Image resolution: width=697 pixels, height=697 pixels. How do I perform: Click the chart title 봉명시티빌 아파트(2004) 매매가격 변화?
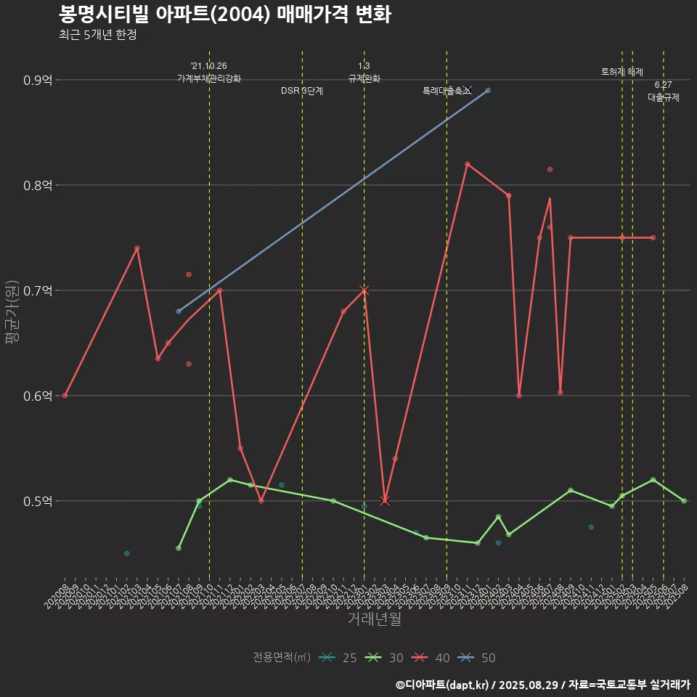pyautogui.click(x=225, y=15)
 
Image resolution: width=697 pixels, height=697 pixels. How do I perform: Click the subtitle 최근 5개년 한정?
pyautogui.click(x=97, y=35)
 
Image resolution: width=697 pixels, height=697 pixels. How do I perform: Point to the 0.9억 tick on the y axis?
pyautogui.click(x=38, y=80)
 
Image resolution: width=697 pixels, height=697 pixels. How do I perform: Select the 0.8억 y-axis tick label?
pyautogui.click(x=38, y=185)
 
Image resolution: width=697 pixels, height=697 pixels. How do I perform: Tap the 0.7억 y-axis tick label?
pyautogui.click(x=38, y=290)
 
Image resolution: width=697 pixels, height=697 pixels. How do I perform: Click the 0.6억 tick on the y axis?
pyautogui.click(x=38, y=396)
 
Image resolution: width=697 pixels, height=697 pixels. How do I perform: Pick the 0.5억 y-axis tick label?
pyautogui.click(x=38, y=501)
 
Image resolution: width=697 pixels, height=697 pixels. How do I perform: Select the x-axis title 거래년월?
pyautogui.click(x=374, y=619)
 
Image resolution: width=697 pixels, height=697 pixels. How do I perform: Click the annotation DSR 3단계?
pyautogui.click(x=302, y=91)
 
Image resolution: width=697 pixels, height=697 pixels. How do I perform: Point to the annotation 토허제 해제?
pyautogui.click(x=622, y=72)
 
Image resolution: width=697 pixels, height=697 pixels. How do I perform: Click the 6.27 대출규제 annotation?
pyautogui.click(x=663, y=91)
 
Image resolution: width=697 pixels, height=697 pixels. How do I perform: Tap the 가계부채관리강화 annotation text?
pyautogui.click(x=209, y=78)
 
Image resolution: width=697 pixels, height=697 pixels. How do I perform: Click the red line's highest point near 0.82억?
pyautogui.click(x=467, y=163)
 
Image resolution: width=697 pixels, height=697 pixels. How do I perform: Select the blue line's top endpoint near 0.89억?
pyautogui.click(x=488, y=90)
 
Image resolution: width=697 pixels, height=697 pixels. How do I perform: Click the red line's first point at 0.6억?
pyautogui.click(x=65, y=396)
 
